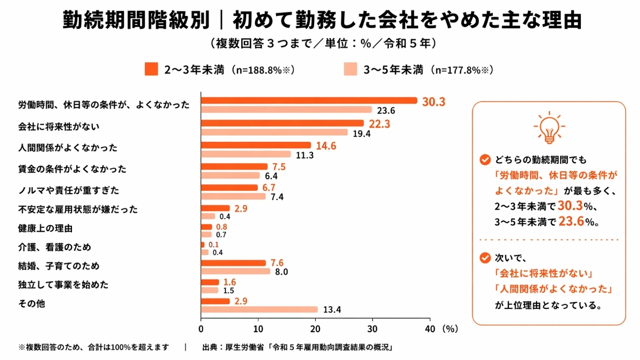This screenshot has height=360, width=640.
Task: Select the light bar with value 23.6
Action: pos(286,110)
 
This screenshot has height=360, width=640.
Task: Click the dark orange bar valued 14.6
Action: pos(255,145)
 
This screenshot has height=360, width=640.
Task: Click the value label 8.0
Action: pos(281,272)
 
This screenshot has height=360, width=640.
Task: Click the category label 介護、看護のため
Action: pos(55,247)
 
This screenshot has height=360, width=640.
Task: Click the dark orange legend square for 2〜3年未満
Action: pos(151,69)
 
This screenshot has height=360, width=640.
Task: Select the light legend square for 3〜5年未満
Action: pos(350,69)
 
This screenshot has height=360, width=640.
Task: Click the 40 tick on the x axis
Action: pos(430,329)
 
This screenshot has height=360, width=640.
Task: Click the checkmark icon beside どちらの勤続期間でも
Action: pos(485,159)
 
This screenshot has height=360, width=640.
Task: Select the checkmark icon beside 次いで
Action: pos(485,258)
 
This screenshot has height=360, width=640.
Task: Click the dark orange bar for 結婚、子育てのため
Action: pos(233,263)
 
